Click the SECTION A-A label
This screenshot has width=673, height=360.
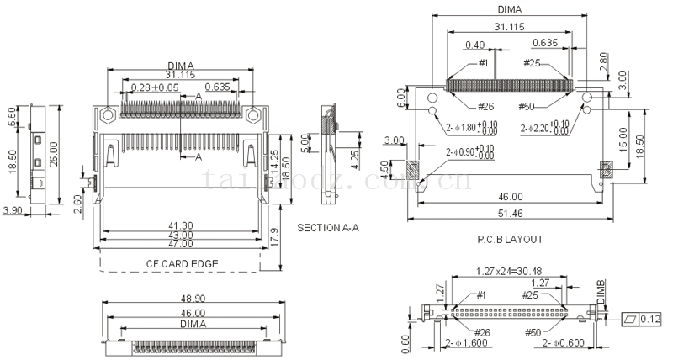point(328,228)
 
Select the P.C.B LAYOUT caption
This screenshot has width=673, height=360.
point(510,239)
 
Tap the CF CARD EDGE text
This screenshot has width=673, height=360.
point(182,263)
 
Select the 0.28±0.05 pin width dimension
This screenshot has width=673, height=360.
point(156,87)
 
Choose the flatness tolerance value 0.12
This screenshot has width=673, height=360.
point(649,319)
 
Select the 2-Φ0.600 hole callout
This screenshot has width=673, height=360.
point(565,343)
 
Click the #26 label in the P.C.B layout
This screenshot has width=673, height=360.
point(485,106)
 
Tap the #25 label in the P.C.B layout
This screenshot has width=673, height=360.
point(532,63)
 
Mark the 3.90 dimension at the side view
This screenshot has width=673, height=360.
point(13,209)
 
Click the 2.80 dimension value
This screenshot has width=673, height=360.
point(603,61)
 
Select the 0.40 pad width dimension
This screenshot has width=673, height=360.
point(474,45)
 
